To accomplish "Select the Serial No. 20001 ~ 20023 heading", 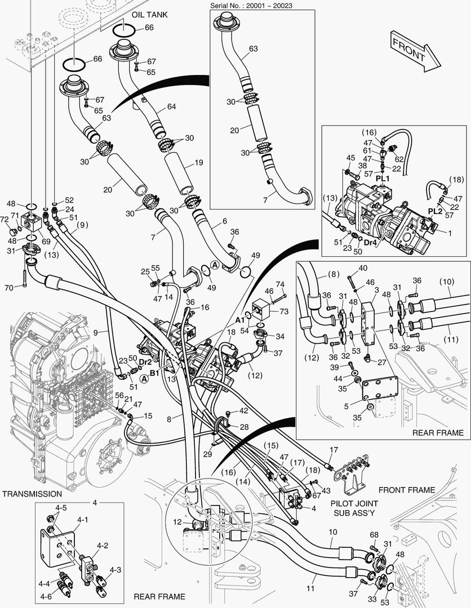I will pos(255,5).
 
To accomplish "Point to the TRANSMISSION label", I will pos(32,494).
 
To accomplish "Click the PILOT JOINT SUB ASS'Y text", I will pos(354,508).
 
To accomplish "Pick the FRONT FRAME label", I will pos(406,490).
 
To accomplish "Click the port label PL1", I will pos(383,178).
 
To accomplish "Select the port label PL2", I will pos(434,211).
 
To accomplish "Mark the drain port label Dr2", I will pos(145,361).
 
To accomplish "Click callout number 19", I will pos(198,163).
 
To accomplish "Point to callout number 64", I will pos(171,107).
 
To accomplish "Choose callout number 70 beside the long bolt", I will pos(9,288).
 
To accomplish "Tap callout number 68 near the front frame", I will pos(374,534).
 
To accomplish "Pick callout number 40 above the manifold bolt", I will pos(363,267).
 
